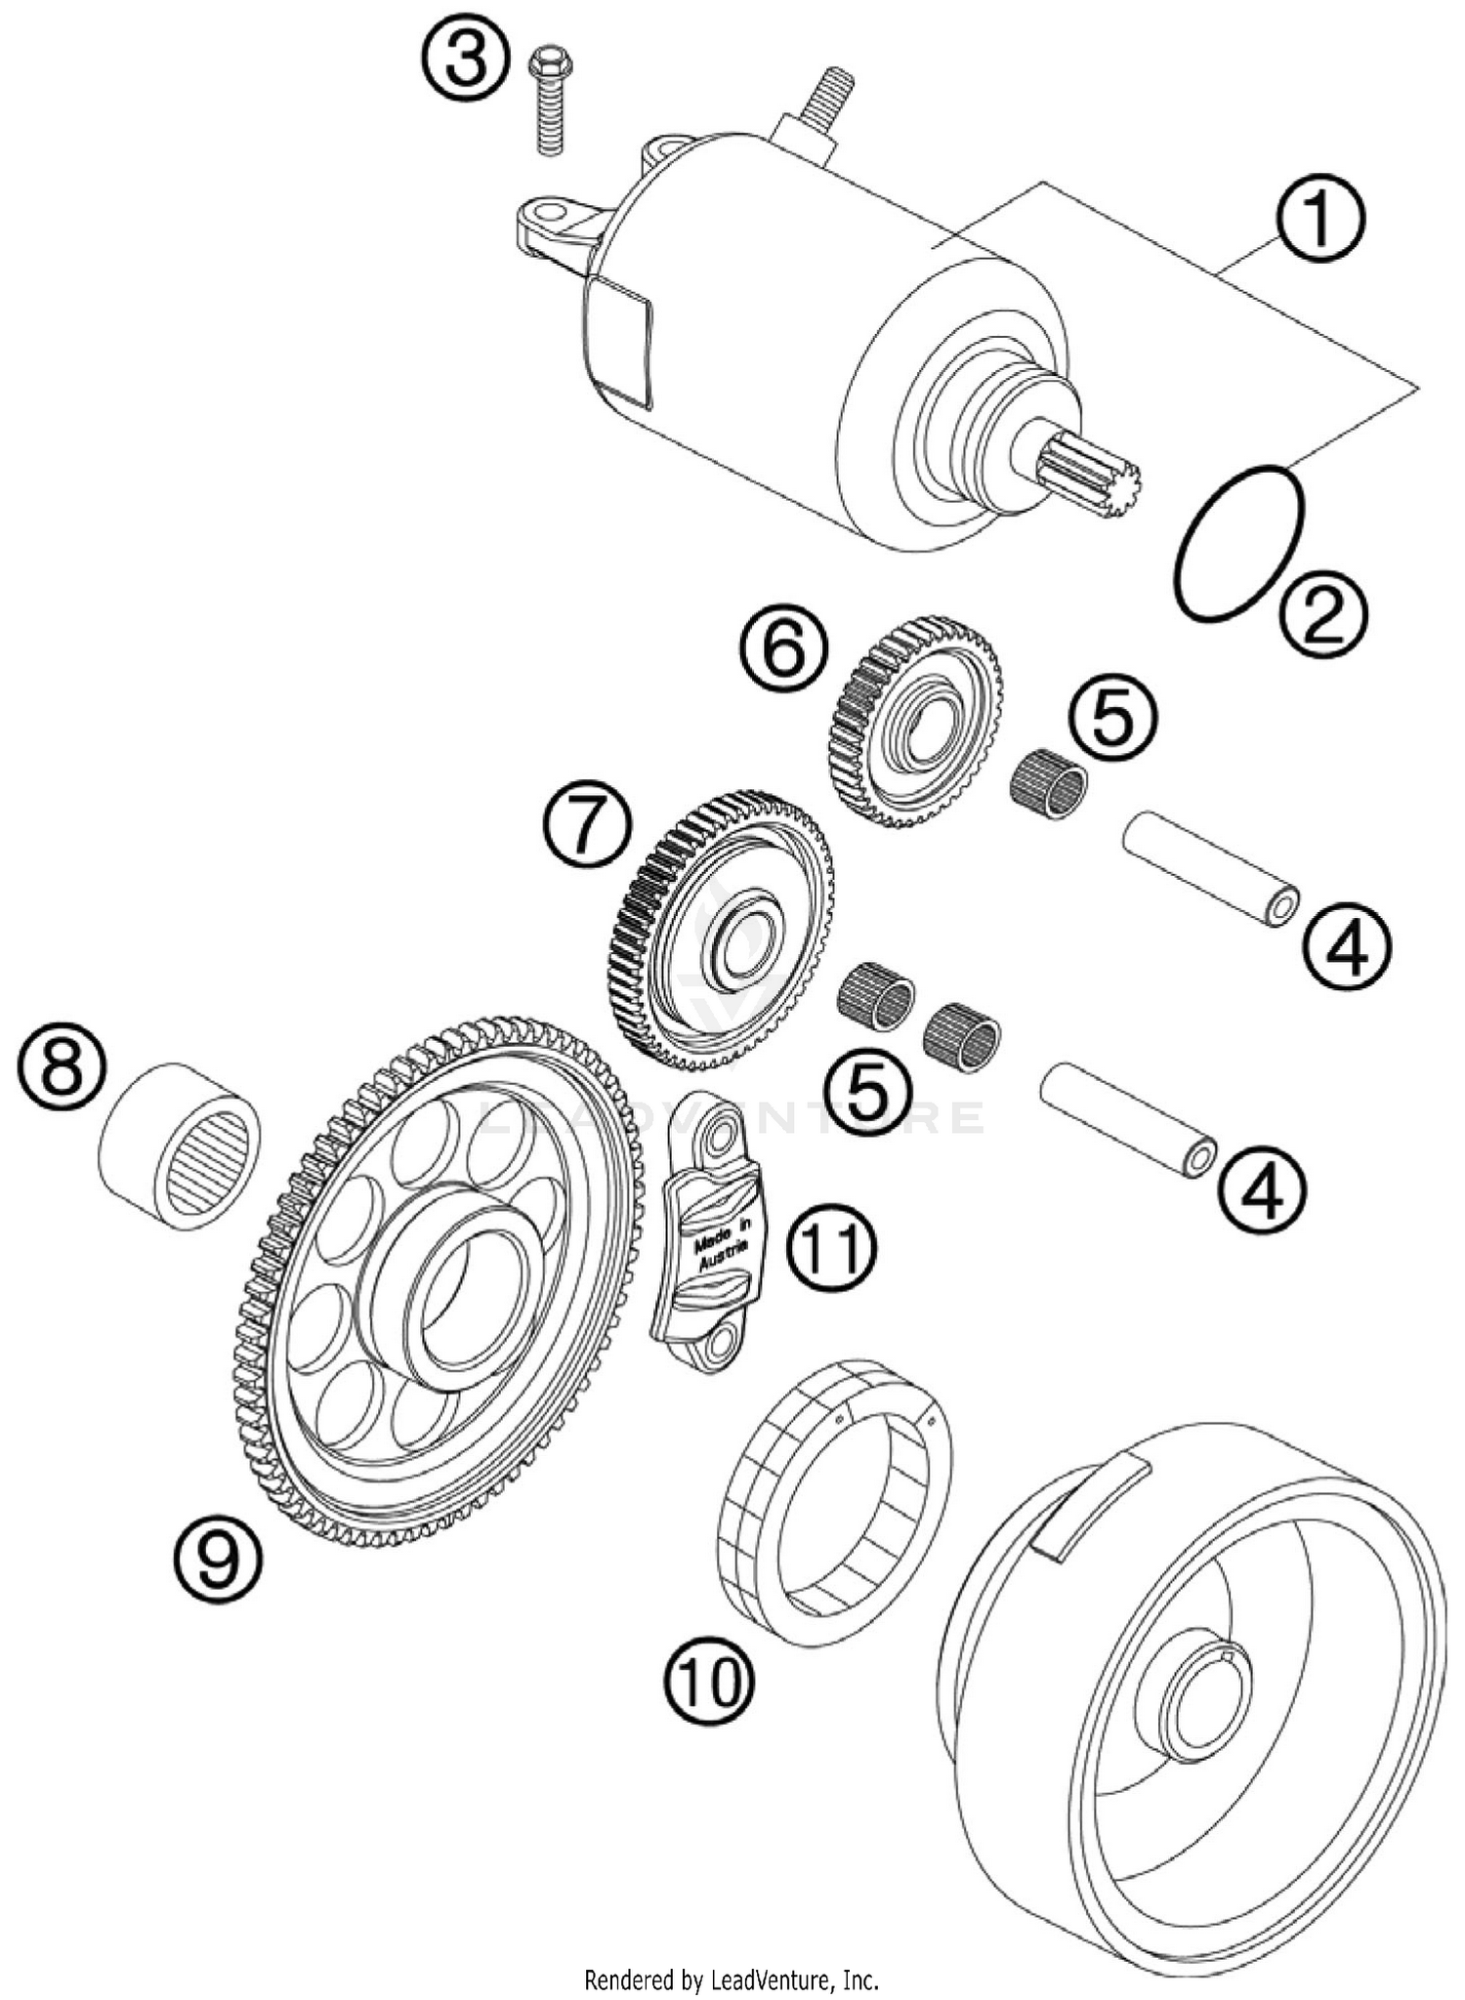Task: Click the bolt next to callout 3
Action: point(549,103)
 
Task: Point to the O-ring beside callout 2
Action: point(1239,542)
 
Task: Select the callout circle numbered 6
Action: point(783,651)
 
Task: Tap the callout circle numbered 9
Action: point(219,1560)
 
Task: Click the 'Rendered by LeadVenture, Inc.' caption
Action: point(732,1980)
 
